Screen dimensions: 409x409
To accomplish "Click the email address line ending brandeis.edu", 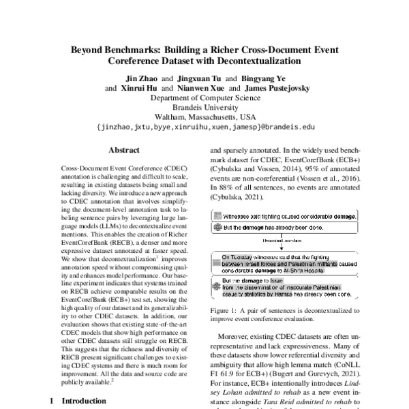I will tap(205, 126).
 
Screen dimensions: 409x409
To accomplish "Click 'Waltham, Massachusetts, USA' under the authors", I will tap(205, 117).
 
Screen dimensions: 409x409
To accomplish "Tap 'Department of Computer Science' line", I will tap(205, 97).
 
